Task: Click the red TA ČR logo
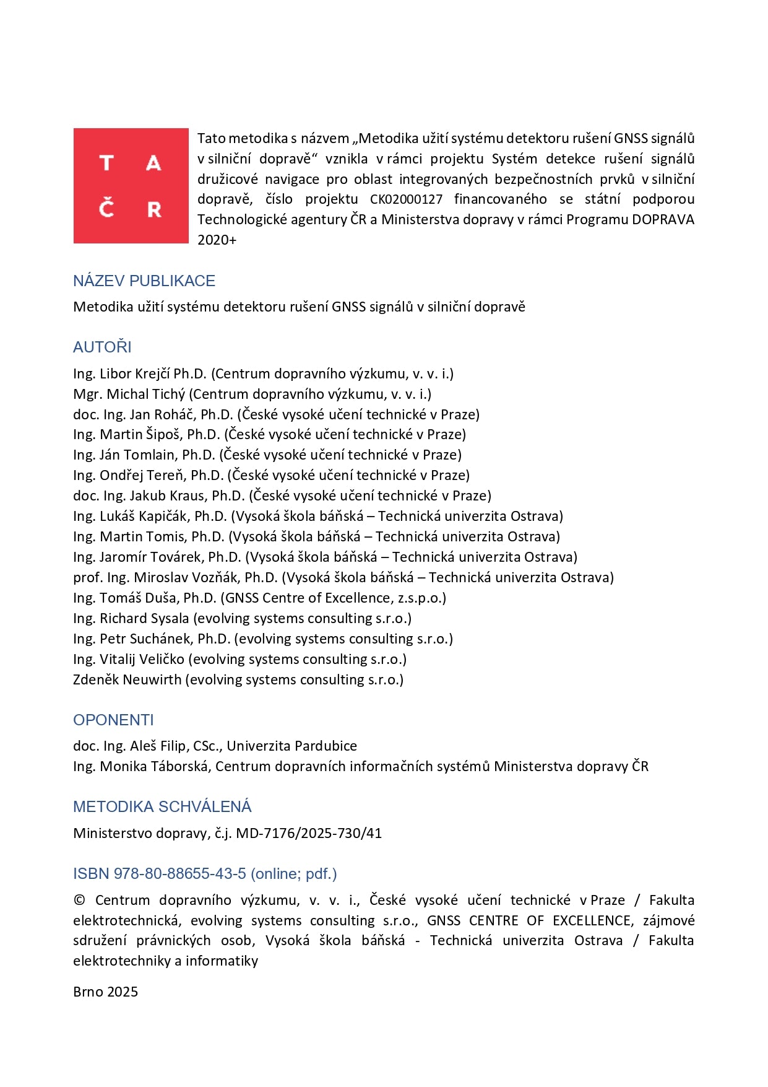131,185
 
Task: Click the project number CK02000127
406,199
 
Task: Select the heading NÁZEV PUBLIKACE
144,281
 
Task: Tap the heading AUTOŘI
102,347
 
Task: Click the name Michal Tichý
146,395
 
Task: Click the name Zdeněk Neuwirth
129,680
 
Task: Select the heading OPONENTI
113,720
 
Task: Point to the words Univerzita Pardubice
291,746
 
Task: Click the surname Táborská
178,767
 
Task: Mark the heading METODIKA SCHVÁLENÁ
162,806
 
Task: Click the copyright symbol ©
79,901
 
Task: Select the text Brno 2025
105,992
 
